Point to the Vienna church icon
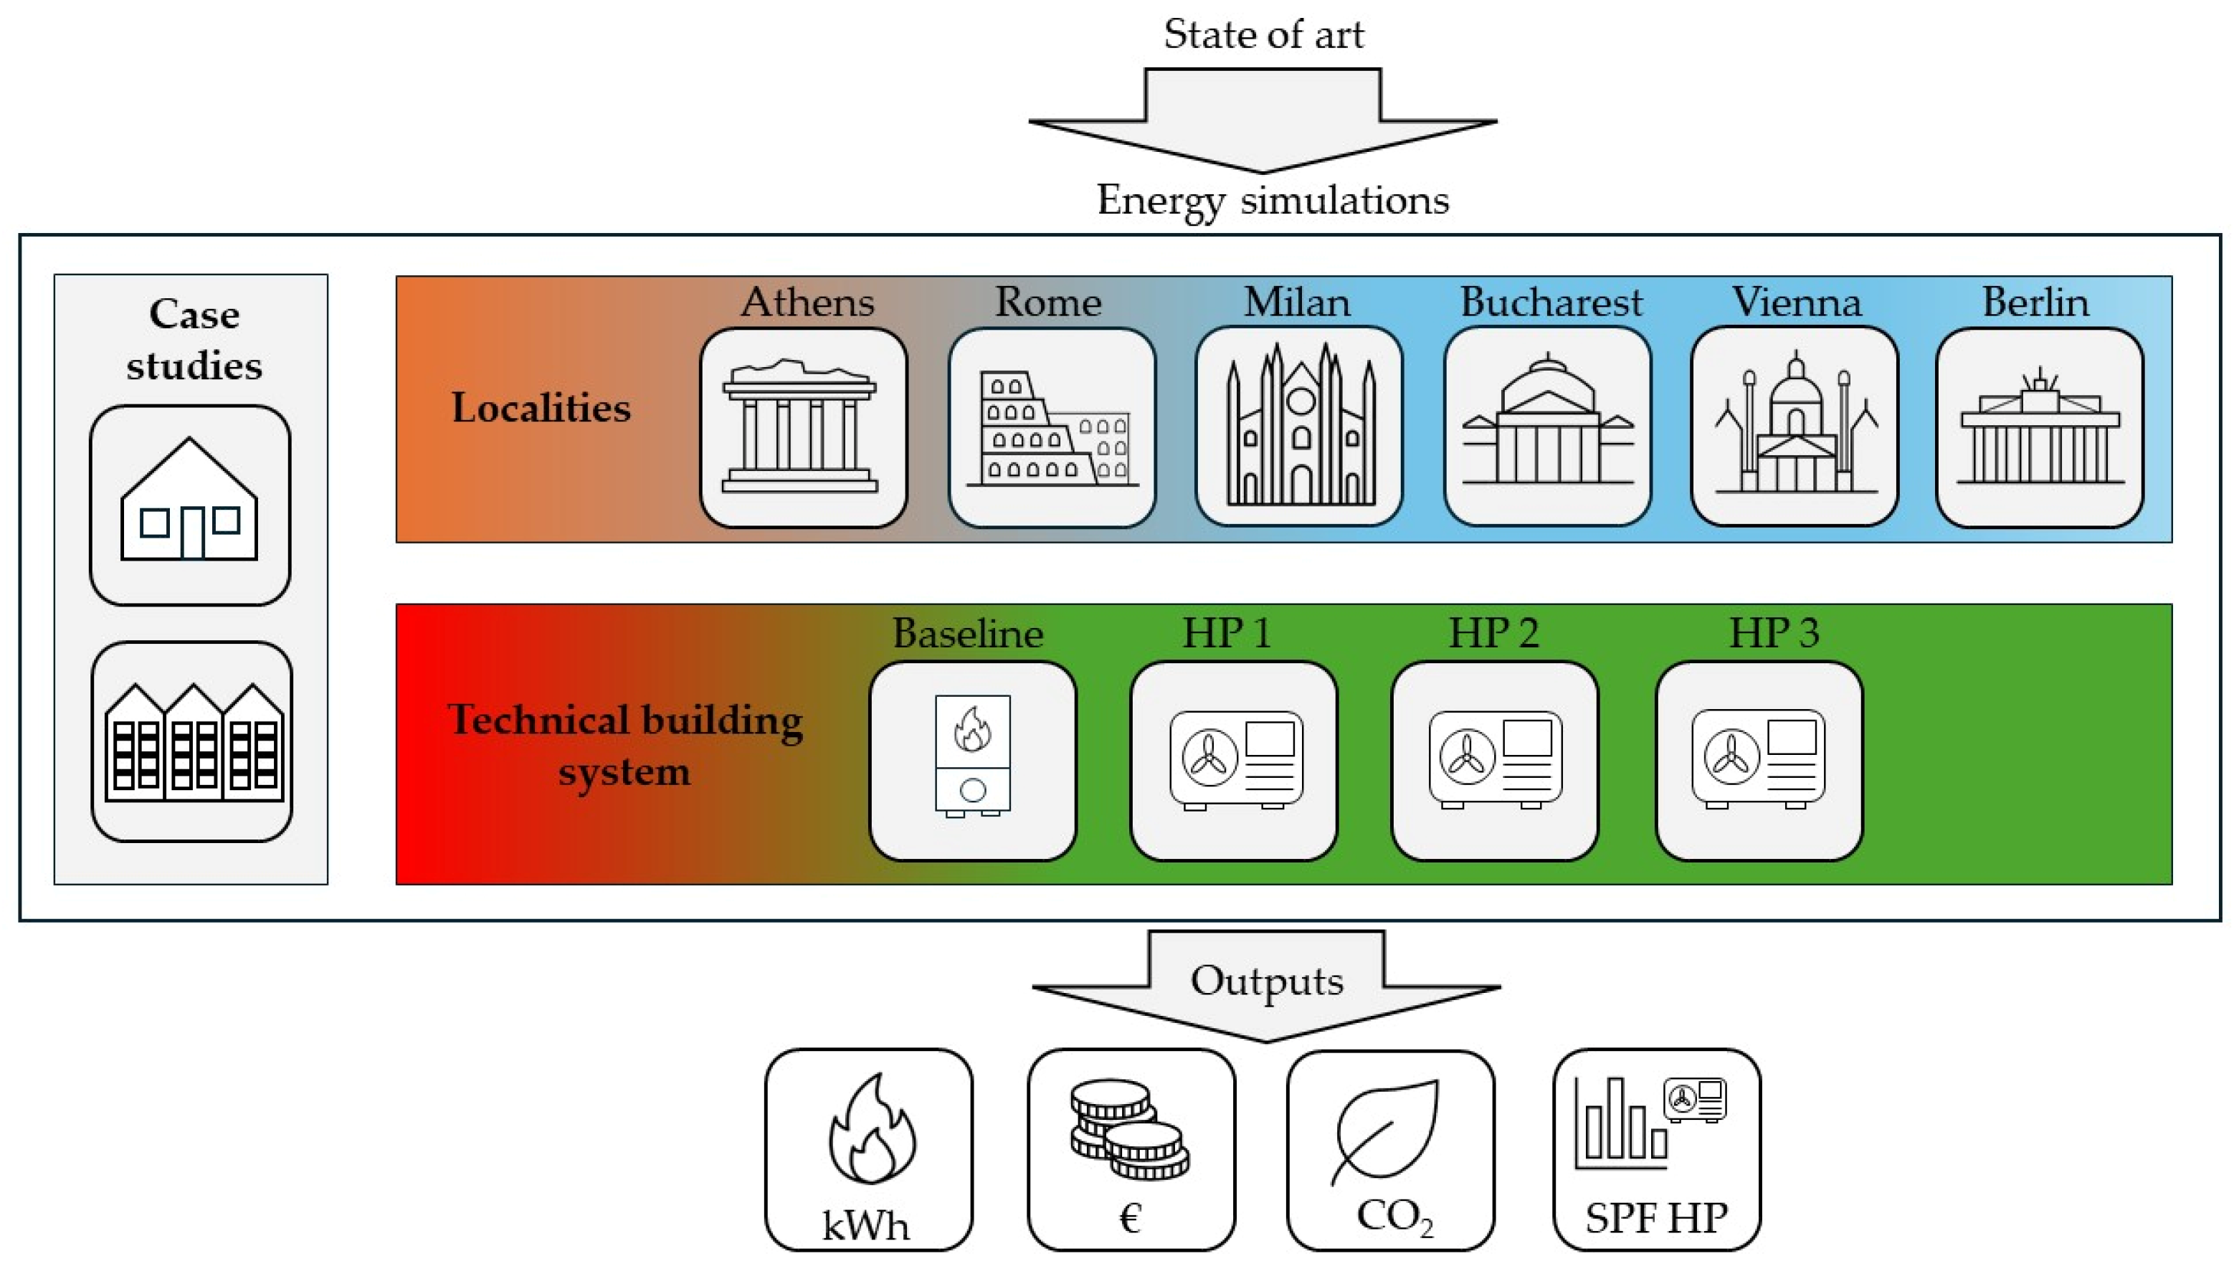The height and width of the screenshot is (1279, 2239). tap(1794, 425)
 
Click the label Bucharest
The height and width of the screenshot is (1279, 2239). tap(1550, 302)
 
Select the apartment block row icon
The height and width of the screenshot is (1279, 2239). tap(192, 742)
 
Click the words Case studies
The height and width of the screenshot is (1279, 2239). tap(194, 339)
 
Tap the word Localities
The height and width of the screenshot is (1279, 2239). tap(541, 409)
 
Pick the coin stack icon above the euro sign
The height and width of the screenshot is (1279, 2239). tap(1128, 1128)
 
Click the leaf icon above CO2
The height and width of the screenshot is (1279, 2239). tap(1388, 1131)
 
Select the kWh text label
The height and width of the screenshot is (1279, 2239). tap(865, 1225)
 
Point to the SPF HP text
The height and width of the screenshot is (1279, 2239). tap(1655, 1218)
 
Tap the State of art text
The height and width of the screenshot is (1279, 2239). tap(1263, 35)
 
